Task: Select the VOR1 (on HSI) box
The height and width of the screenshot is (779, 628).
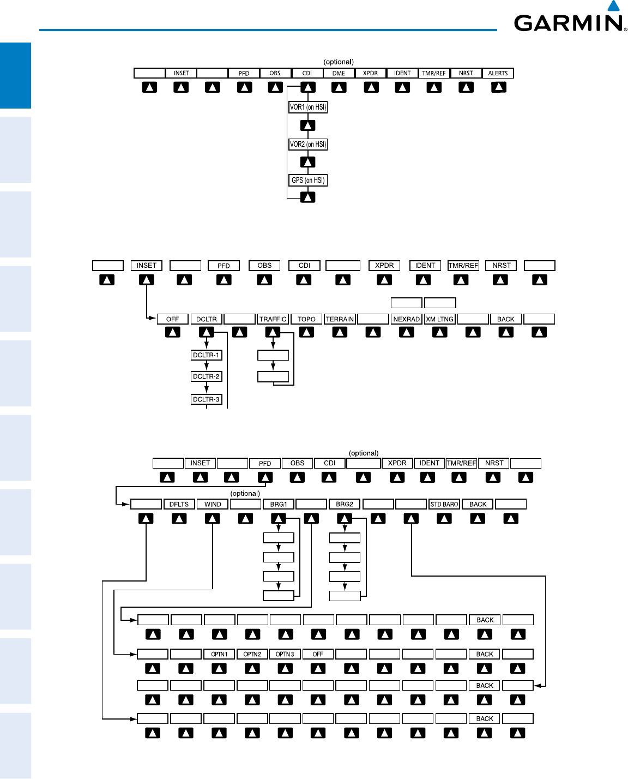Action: pos(308,107)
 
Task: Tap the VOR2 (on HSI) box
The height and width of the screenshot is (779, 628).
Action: pos(308,145)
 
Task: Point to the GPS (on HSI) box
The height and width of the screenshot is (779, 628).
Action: pos(308,180)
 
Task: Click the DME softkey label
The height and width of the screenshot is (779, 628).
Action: pos(339,73)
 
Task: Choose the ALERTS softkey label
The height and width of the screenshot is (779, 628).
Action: pos(498,73)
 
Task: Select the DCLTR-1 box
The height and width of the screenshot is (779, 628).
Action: pos(206,355)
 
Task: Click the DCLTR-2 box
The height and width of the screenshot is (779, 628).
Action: pos(206,376)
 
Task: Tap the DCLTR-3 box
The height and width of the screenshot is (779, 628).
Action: pos(206,399)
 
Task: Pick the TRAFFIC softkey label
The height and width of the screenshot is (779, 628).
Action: pos(273,319)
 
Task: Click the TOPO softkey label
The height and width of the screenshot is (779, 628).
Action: pos(306,319)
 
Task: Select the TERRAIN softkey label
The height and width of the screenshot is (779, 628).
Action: pos(340,319)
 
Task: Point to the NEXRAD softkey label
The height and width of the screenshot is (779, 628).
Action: pos(407,319)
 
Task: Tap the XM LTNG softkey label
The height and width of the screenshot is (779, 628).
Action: pos(440,319)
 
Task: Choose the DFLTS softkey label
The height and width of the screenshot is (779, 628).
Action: pos(179,504)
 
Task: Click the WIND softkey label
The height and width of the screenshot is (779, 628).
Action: pos(213,504)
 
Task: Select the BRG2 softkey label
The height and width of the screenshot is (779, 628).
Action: pos(345,504)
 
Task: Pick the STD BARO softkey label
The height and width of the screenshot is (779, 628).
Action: pos(444,504)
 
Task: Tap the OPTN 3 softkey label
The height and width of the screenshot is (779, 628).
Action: pos(285,654)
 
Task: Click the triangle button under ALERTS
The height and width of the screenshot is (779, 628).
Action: pos(498,87)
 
